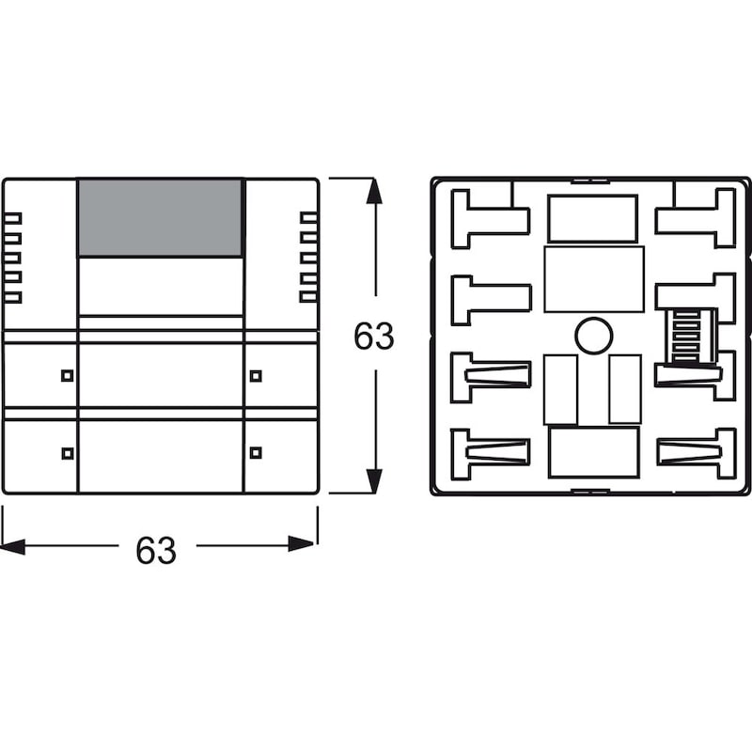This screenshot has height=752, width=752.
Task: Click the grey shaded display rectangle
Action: [x=160, y=218]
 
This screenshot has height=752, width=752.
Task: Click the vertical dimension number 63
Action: [x=373, y=336]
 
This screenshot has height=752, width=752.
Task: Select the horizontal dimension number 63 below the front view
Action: [x=156, y=550]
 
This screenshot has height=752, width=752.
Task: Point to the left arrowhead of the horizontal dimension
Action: [x=13, y=546]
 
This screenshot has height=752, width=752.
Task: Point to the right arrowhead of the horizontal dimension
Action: [x=302, y=544]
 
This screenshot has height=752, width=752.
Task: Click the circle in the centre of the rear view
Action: [x=594, y=337]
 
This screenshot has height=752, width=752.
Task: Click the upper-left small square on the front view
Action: [x=68, y=375]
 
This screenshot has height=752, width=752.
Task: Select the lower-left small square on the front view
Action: [x=68, y=453]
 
